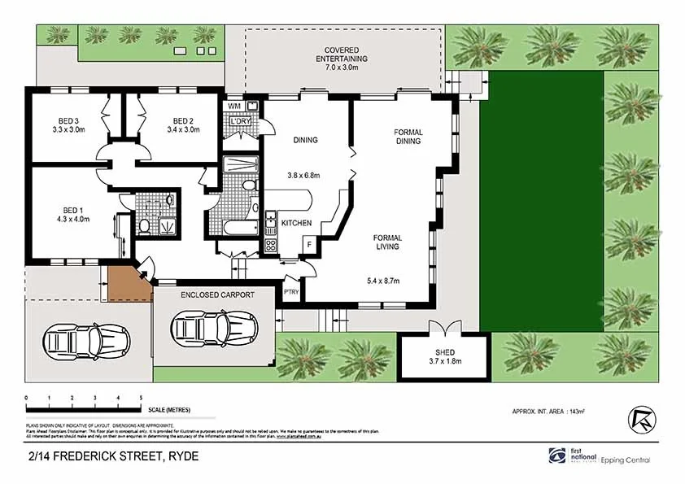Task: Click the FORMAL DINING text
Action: (408, 137)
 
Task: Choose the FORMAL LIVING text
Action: (387, 242)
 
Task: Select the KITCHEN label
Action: (297, 223)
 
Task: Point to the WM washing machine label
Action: (233, 107)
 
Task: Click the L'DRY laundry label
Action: (240, 121)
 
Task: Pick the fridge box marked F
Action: (310, 244)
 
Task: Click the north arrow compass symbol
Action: (640, 417)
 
